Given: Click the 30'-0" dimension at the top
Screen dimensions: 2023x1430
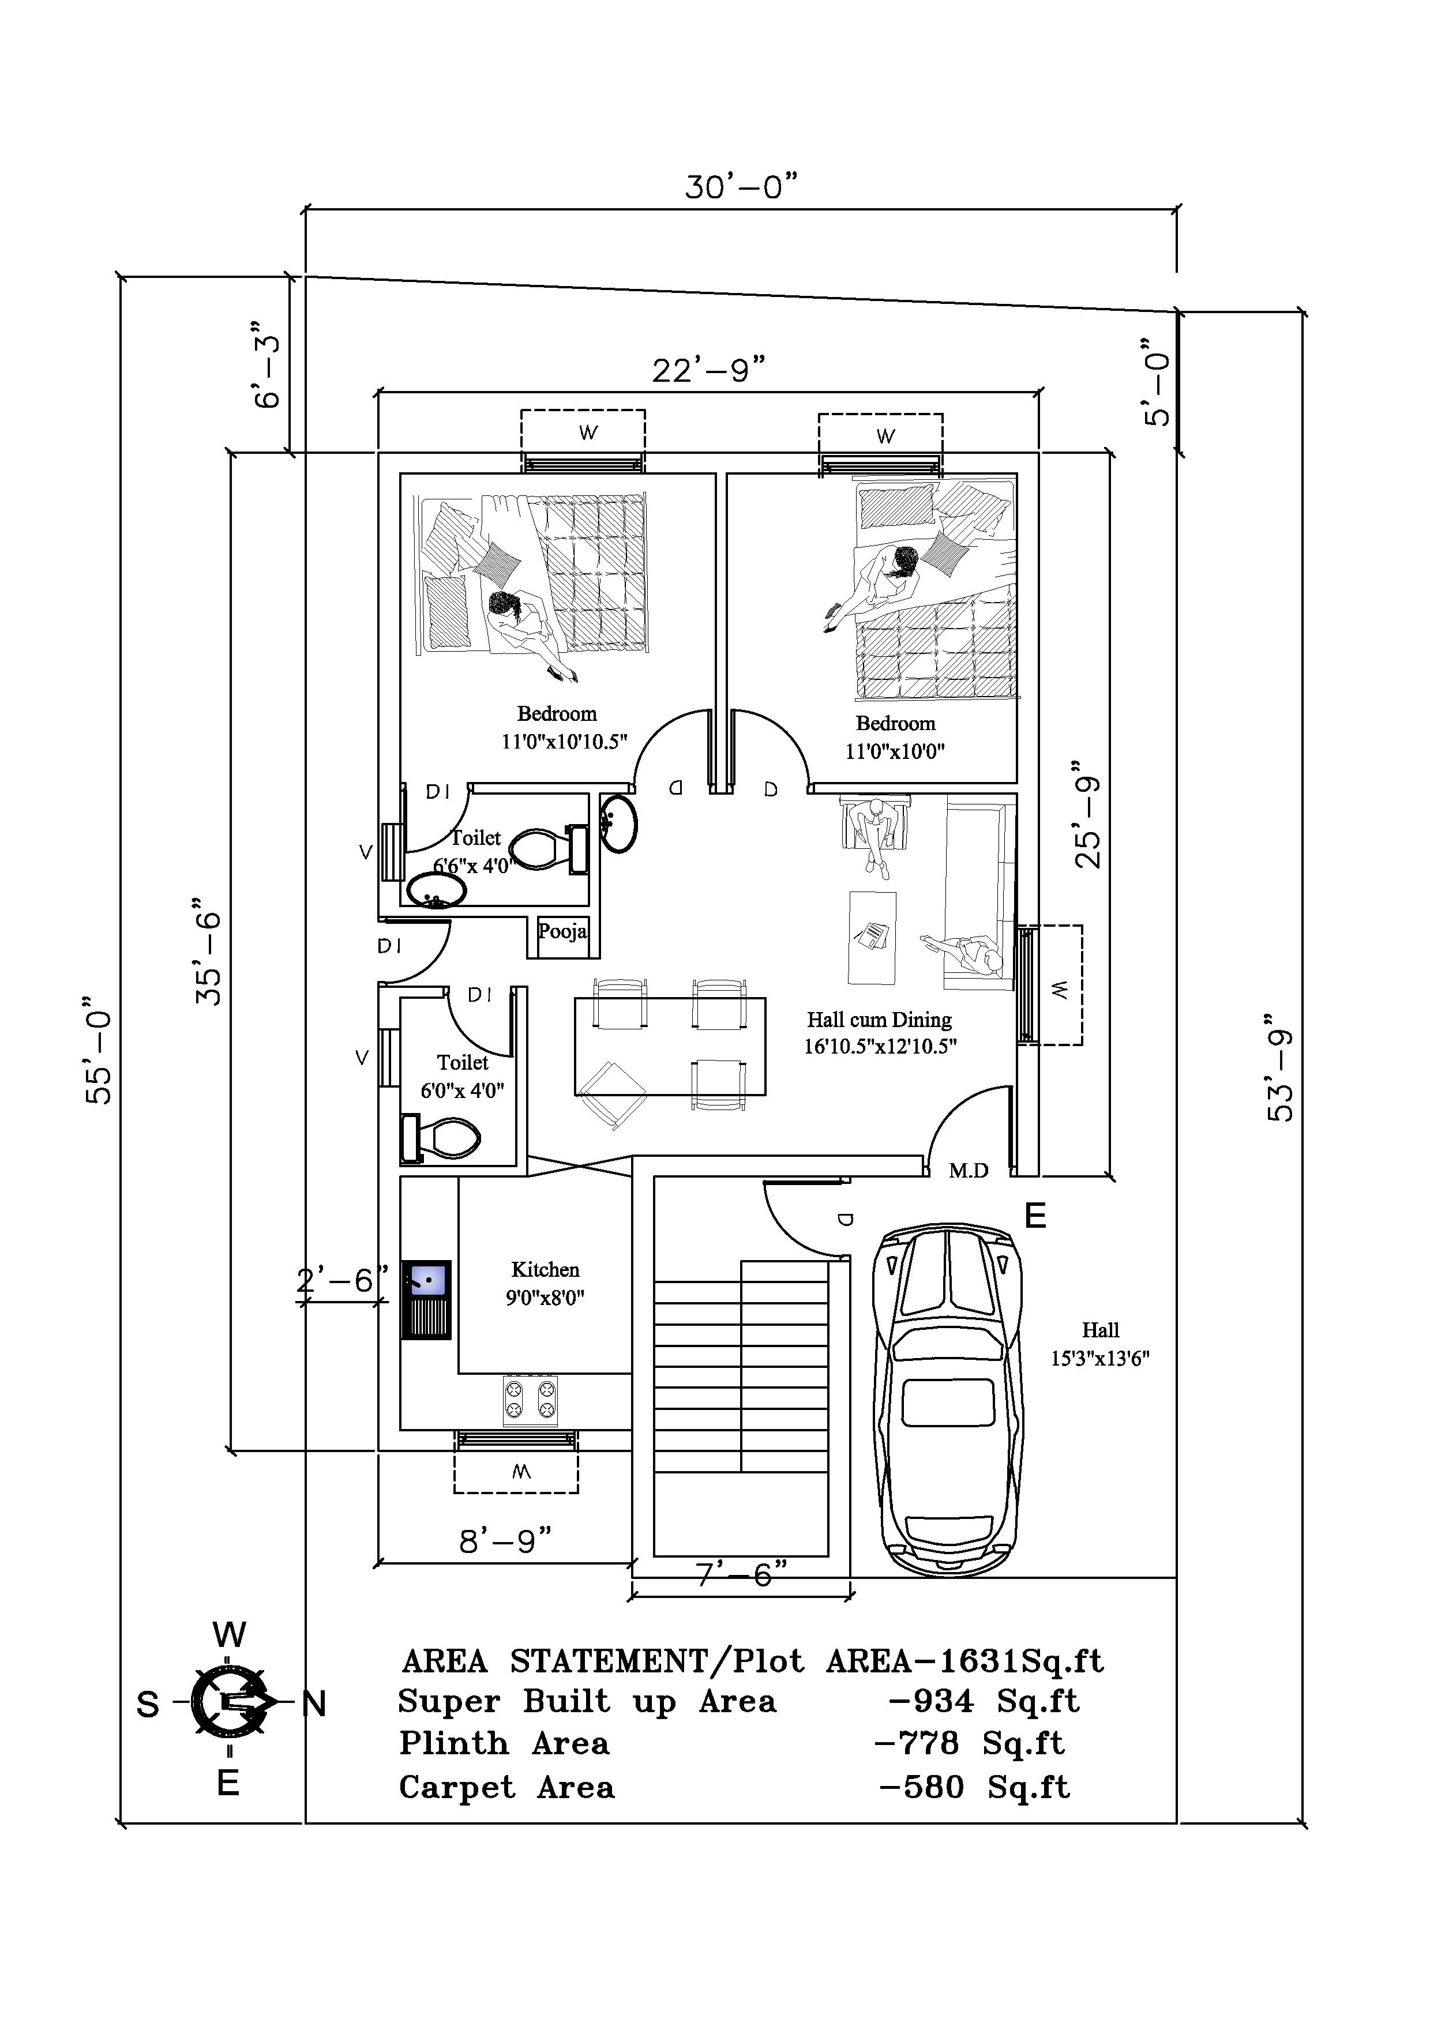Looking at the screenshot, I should point(741,187).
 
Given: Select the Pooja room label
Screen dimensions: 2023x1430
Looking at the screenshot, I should point(562,931).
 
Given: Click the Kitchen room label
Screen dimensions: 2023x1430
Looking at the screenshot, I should point(545,1270).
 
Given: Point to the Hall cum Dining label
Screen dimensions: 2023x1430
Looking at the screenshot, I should point(879,1020).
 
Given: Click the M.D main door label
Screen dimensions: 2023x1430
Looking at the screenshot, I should point(969,1171).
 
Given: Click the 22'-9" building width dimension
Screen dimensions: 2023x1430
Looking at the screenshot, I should point(708,370).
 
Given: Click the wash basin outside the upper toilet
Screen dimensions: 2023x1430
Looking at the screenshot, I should point(618,823).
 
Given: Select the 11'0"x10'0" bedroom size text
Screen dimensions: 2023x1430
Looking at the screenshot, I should point(895,751).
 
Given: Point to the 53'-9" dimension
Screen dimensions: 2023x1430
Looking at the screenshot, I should point(1281,1075).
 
